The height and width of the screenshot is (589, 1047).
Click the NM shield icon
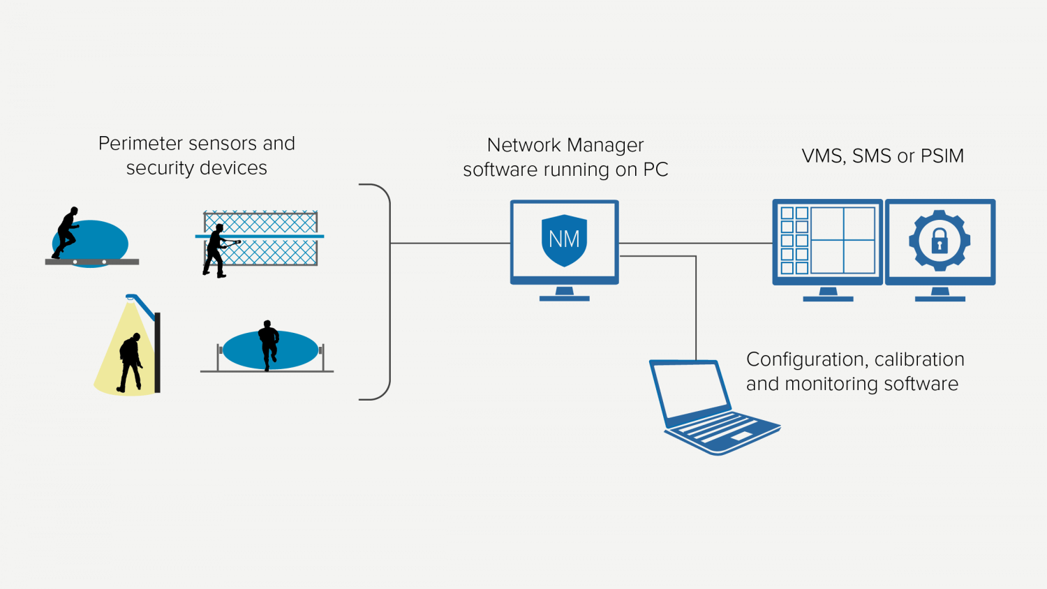pos(564,240)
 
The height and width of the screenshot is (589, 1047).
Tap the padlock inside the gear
pos(940,241)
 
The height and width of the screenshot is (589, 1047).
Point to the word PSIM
pos(942,156)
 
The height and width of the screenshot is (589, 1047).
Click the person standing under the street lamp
pos(131,361)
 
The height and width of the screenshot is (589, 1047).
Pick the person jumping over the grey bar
pos(66,232)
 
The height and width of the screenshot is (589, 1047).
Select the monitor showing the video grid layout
pos(827,241)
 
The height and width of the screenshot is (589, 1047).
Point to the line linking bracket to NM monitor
pos(450,244)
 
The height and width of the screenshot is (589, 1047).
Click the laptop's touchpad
pos(741,436)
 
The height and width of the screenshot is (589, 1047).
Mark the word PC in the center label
pos(655,170)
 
